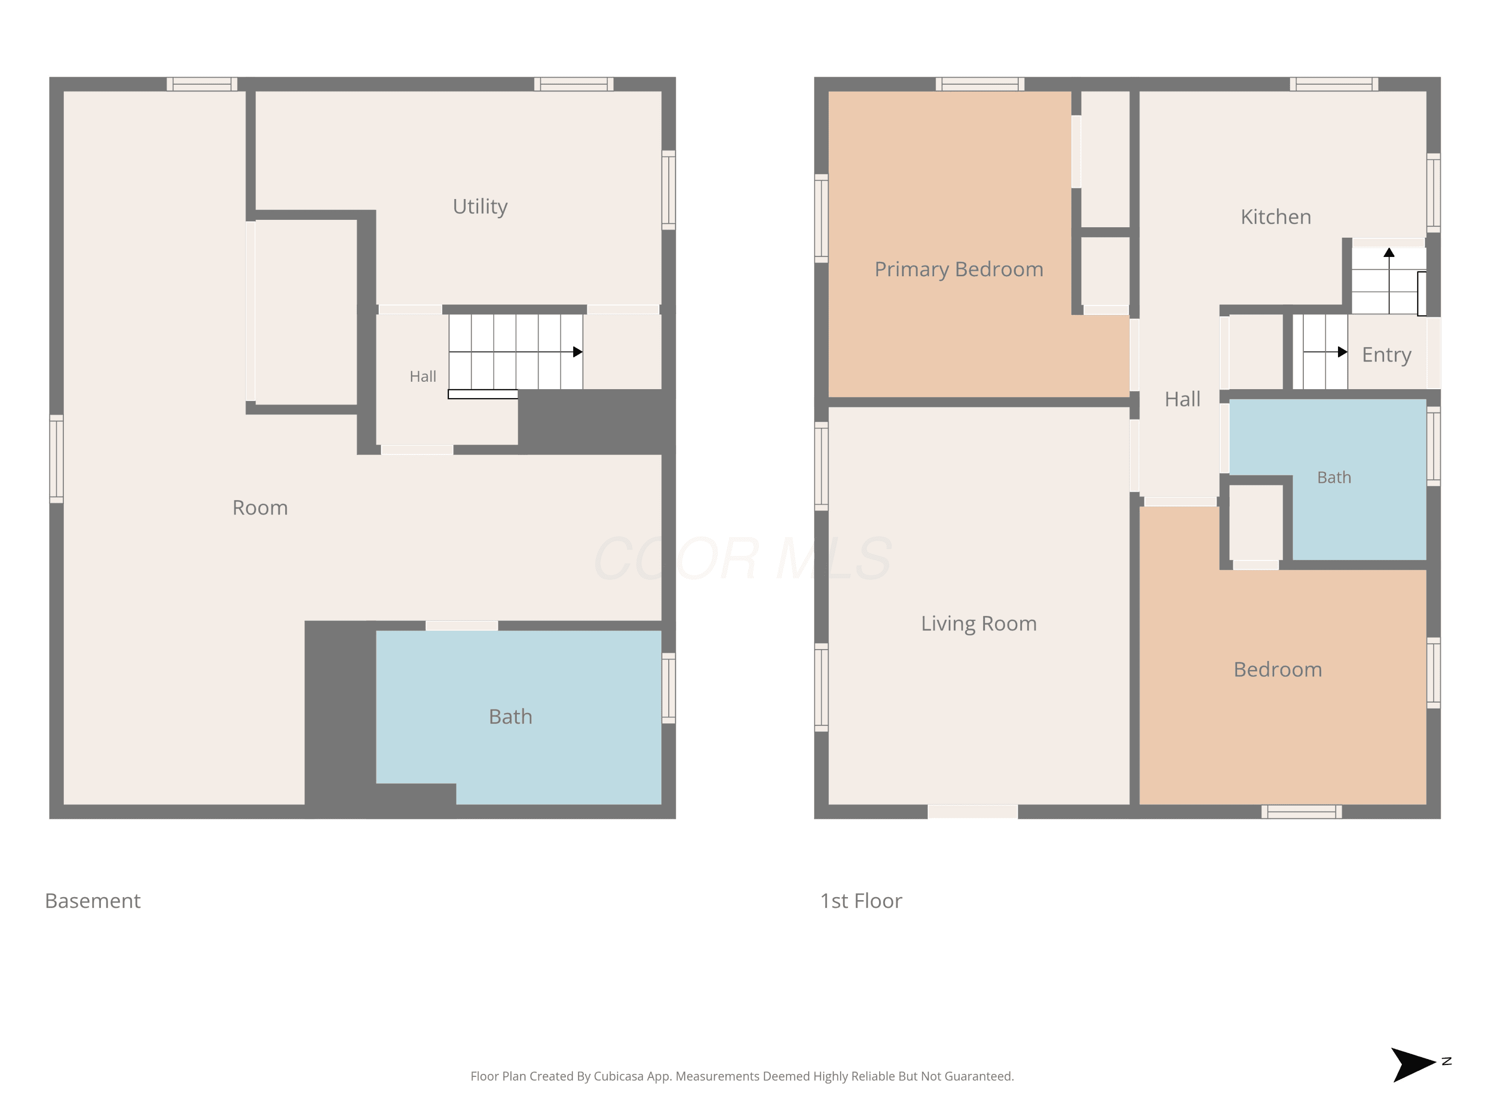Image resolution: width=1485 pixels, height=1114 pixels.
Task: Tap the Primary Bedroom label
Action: point(959,269)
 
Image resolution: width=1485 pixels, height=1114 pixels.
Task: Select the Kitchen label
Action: point(1276,217)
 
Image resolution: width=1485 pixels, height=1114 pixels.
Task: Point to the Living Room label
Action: point(979,624)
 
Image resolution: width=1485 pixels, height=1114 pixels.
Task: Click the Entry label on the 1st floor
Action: point(1386,354)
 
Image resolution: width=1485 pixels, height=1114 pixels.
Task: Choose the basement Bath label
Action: point(510,716)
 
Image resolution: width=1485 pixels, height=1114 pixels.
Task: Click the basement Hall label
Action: point(423,377)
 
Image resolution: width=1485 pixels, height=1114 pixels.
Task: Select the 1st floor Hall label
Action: point(1182,400)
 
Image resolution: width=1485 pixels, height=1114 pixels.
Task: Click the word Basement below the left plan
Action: point(93,901)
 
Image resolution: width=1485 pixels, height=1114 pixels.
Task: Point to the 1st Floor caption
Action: point(861,901)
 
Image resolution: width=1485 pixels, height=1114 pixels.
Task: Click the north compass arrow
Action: point(1413,1064)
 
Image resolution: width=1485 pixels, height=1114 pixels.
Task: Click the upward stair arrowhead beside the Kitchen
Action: point(1389,253)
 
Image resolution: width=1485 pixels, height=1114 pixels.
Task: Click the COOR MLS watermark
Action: point(742,558)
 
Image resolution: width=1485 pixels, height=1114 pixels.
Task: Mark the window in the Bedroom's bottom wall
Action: point(1302,812)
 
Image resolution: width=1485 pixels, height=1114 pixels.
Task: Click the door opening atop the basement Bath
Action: point(462,626)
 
